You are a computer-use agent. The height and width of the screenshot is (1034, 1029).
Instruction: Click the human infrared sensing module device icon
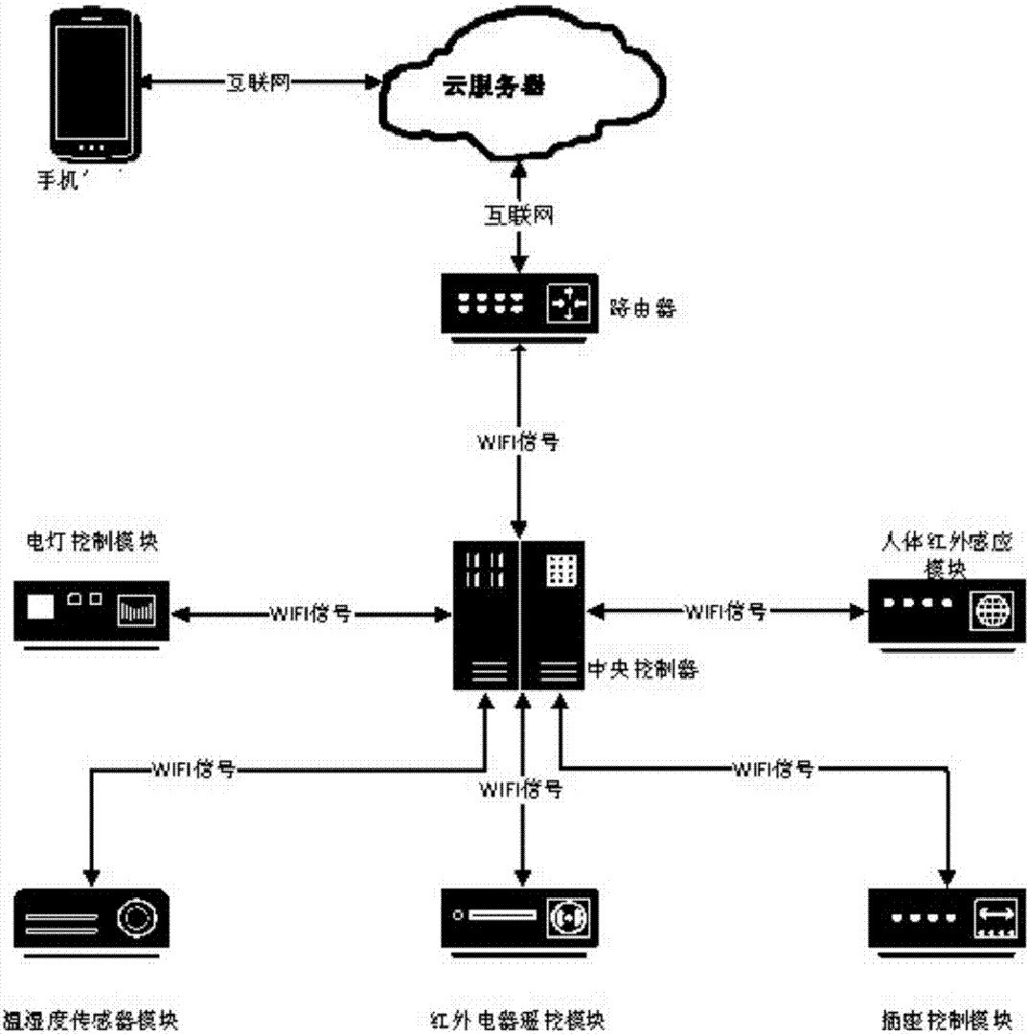click(941, 612)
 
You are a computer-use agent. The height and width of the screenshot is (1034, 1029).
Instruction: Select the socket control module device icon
click(945, 919)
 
